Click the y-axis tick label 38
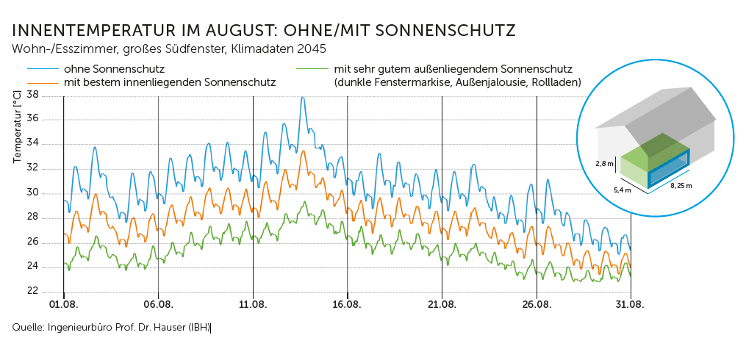32,95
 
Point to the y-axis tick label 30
32,193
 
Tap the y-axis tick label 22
32,291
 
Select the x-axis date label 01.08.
64,304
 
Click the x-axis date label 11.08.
253,304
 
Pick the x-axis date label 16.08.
347,304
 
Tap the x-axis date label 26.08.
537,304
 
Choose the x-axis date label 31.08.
631,304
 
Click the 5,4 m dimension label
623,190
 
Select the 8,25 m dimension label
680,186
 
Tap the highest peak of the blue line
302,98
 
